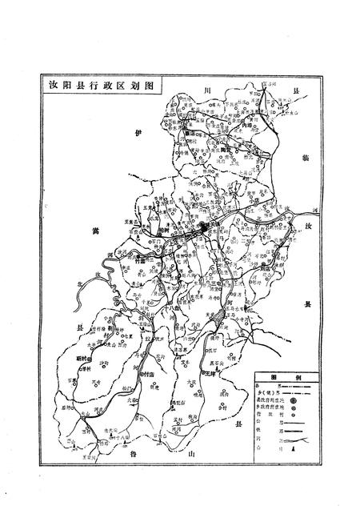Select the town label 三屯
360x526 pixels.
(x=218, y=282)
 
